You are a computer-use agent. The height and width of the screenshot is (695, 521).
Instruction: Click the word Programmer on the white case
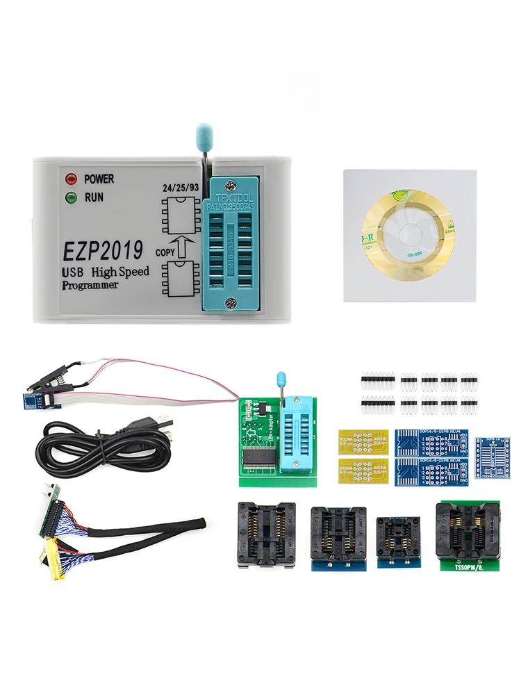tap(90, 285)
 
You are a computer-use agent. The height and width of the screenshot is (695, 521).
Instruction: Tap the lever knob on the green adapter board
tap(281, 379)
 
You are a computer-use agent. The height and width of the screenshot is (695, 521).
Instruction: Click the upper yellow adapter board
tap(363, 441)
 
